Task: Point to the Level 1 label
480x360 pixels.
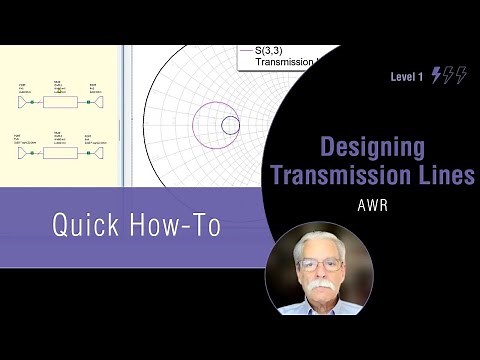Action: pos(407,76)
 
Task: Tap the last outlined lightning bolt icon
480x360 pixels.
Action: pos(461,75)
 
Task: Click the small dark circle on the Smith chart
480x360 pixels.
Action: pos(230,125)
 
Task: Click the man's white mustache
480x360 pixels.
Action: pos(318,287)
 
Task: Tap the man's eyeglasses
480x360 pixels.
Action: pos(318,264)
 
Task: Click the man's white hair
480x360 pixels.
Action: pos(319,238)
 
